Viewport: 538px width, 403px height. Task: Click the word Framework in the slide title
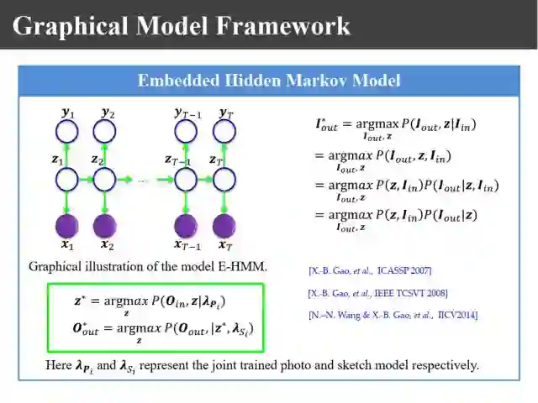[283, 25]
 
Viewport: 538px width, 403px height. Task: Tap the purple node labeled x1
[66, 226]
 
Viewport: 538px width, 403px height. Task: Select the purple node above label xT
[224, 226]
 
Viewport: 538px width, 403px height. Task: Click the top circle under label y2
[104, 131]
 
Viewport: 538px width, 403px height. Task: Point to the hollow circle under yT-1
[184, 131]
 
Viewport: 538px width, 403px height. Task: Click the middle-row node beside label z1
[66, 179]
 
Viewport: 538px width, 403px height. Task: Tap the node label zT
[216, 160]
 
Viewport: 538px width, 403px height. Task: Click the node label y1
[68, 112]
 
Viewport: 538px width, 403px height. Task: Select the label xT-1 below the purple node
[187, 245]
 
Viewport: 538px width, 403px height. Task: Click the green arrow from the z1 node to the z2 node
[85, 179]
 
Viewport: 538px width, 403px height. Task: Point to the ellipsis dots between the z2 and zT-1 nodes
[143, 180]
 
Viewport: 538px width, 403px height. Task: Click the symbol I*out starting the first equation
[326, 125]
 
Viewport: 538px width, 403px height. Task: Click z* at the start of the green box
[82, 300]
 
